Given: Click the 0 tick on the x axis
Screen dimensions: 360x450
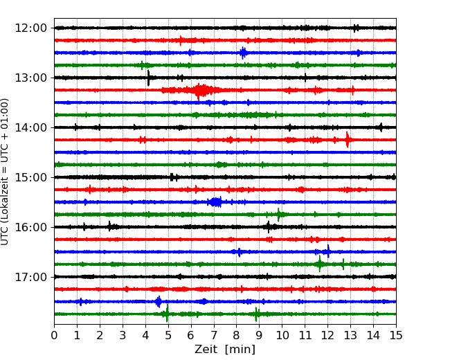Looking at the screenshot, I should tap(55, 336).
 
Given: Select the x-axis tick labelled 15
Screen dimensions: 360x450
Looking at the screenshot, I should tap(395, 336).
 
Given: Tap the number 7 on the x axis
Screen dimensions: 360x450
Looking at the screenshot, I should tap(213, 336).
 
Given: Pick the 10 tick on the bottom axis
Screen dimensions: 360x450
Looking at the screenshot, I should tap(282, 336).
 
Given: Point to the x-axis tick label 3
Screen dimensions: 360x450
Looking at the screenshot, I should tap(123, 336).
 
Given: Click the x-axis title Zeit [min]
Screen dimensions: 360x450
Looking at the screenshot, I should tap(224, 350).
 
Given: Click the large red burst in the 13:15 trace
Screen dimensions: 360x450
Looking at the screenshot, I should tap(201, 90).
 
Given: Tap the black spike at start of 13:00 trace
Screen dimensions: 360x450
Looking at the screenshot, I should tap(148, 78).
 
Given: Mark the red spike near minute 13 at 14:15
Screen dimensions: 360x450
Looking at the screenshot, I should tap(348, 139).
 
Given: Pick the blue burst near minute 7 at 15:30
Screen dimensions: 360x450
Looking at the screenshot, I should tap(215, 202).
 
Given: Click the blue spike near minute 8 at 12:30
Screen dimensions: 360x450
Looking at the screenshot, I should tap(243, 53).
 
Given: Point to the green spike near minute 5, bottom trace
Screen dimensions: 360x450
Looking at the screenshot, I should tap(167, 314).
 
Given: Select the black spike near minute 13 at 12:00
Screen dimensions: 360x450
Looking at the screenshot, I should tap(355, 28).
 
